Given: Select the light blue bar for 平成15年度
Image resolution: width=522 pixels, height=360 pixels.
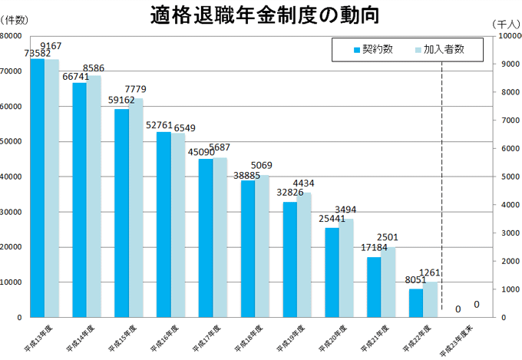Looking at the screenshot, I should point(135,207).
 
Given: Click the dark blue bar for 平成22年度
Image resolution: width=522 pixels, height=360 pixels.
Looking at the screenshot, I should point(415,302).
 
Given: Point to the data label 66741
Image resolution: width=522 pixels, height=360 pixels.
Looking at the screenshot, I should point(76,77).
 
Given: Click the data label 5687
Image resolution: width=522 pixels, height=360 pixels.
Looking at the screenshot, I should point(220,147).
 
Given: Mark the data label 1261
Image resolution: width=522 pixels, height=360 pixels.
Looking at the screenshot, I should point(430,272).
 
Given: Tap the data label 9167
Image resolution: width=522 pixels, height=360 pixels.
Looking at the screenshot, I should point(51,46).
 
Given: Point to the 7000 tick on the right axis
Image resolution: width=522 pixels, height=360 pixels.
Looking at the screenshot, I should point(509,121).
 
